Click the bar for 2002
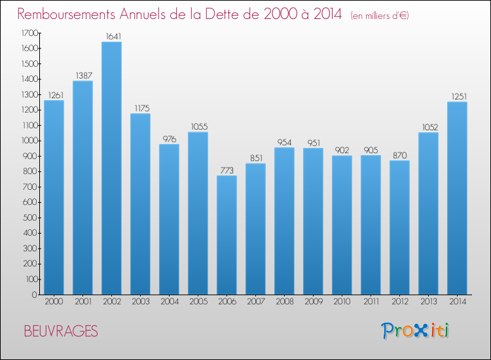[x=111, y=168]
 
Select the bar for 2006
[x=227, y=235]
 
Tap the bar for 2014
[x=457, y=198]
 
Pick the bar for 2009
[x=313, y=221]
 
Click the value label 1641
[x=113, y=36]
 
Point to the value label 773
[x=227, y=170]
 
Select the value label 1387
[x=84, y=75]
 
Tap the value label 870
[x=400, y=155]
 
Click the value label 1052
[x=430, y=127]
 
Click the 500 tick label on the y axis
[x=30, y=217]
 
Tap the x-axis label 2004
[x=170, y=302]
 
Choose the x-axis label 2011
[x=371, y=302]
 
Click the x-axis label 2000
[x=54, y=302]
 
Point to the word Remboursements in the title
[x=66, y=14]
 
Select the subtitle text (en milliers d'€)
[x=380, y=16]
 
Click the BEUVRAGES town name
[x=61, y=331]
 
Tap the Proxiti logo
[x=415, y=331]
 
